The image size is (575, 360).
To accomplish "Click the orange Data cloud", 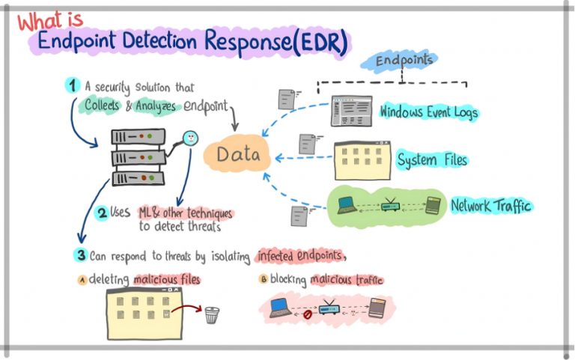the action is (x=237, y=154).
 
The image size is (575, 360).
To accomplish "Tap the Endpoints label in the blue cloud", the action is (x=404, y=60).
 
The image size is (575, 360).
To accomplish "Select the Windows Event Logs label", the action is (x=429, y=112).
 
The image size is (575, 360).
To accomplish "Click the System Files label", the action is (x=432, y=160).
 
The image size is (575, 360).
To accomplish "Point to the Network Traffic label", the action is (x=491, y=206).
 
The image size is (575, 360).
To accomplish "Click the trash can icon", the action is (x=212, y=315).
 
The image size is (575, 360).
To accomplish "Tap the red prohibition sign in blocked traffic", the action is (x=307, y=314).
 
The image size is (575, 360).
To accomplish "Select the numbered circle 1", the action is (x=72, y=85).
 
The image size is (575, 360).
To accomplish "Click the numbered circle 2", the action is (x=102, y=213).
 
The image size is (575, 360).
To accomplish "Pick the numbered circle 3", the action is (x=81, y=254).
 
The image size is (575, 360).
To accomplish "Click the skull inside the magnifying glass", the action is (x=191, y=138).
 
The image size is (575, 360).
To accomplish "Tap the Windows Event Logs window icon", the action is (x=351, y=111).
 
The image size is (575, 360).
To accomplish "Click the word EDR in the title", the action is (x=323, y=42).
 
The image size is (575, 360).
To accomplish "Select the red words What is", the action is (x=50, y=20).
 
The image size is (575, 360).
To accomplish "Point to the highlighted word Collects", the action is (x=102, y=105).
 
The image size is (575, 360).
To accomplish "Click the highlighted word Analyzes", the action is (x=156, y=106).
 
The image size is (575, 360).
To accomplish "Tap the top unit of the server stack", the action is (x=138, y=137).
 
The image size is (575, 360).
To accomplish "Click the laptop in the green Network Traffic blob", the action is (x=347, y=205).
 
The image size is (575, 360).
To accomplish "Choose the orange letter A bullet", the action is (x=82, y=281).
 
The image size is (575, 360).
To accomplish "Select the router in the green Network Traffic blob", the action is (x=389, y=205).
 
